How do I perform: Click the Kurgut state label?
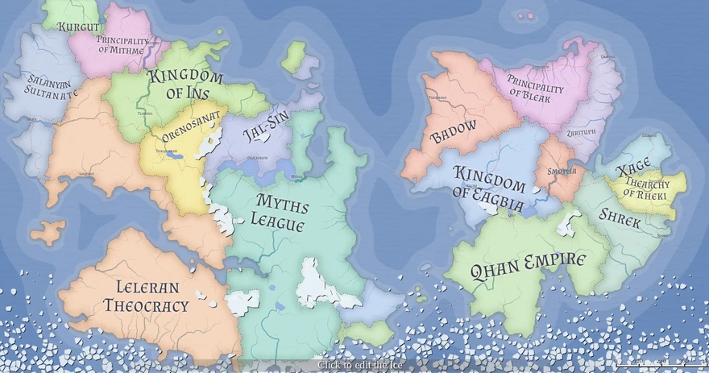pyautogui.click(x=78, y=27)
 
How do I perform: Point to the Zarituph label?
pyautogui.click(x=581, y=131)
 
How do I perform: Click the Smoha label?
pyautogui.click(x=562, y=171)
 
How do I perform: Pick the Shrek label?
pyautogui.click(x=620, y=217)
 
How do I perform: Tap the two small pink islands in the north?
pyautogui.click(x=525, y=15)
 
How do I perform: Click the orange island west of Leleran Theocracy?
pyautogui.click(x=48, y=232)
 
